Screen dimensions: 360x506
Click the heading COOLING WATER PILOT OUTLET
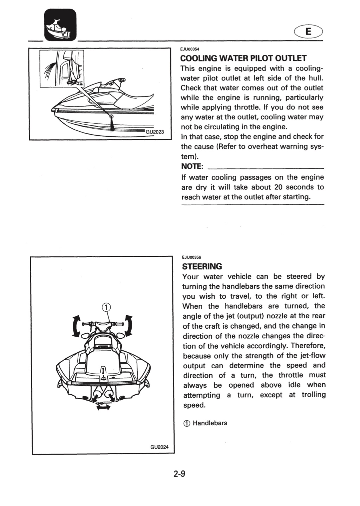(x=243, y=58)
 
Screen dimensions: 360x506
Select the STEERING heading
(x=202, y=266)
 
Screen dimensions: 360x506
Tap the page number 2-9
(x=179, y=473)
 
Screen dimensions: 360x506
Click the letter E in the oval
(x=308, y=32)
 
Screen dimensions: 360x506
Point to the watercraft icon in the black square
(x=60, y=25)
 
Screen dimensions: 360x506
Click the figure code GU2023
(x=155, y=132)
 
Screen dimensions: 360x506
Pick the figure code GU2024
(x=159, y=447)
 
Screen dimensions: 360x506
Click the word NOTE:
(x=192, y=167)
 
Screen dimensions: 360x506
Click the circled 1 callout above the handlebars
(x=106, y=307)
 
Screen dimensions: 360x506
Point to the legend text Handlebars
(x=210, y=423)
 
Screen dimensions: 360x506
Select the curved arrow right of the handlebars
(x=130, y=325)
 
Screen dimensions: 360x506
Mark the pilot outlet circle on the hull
(x=111, y=117)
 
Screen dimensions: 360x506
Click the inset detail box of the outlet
(x=62, y=69)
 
